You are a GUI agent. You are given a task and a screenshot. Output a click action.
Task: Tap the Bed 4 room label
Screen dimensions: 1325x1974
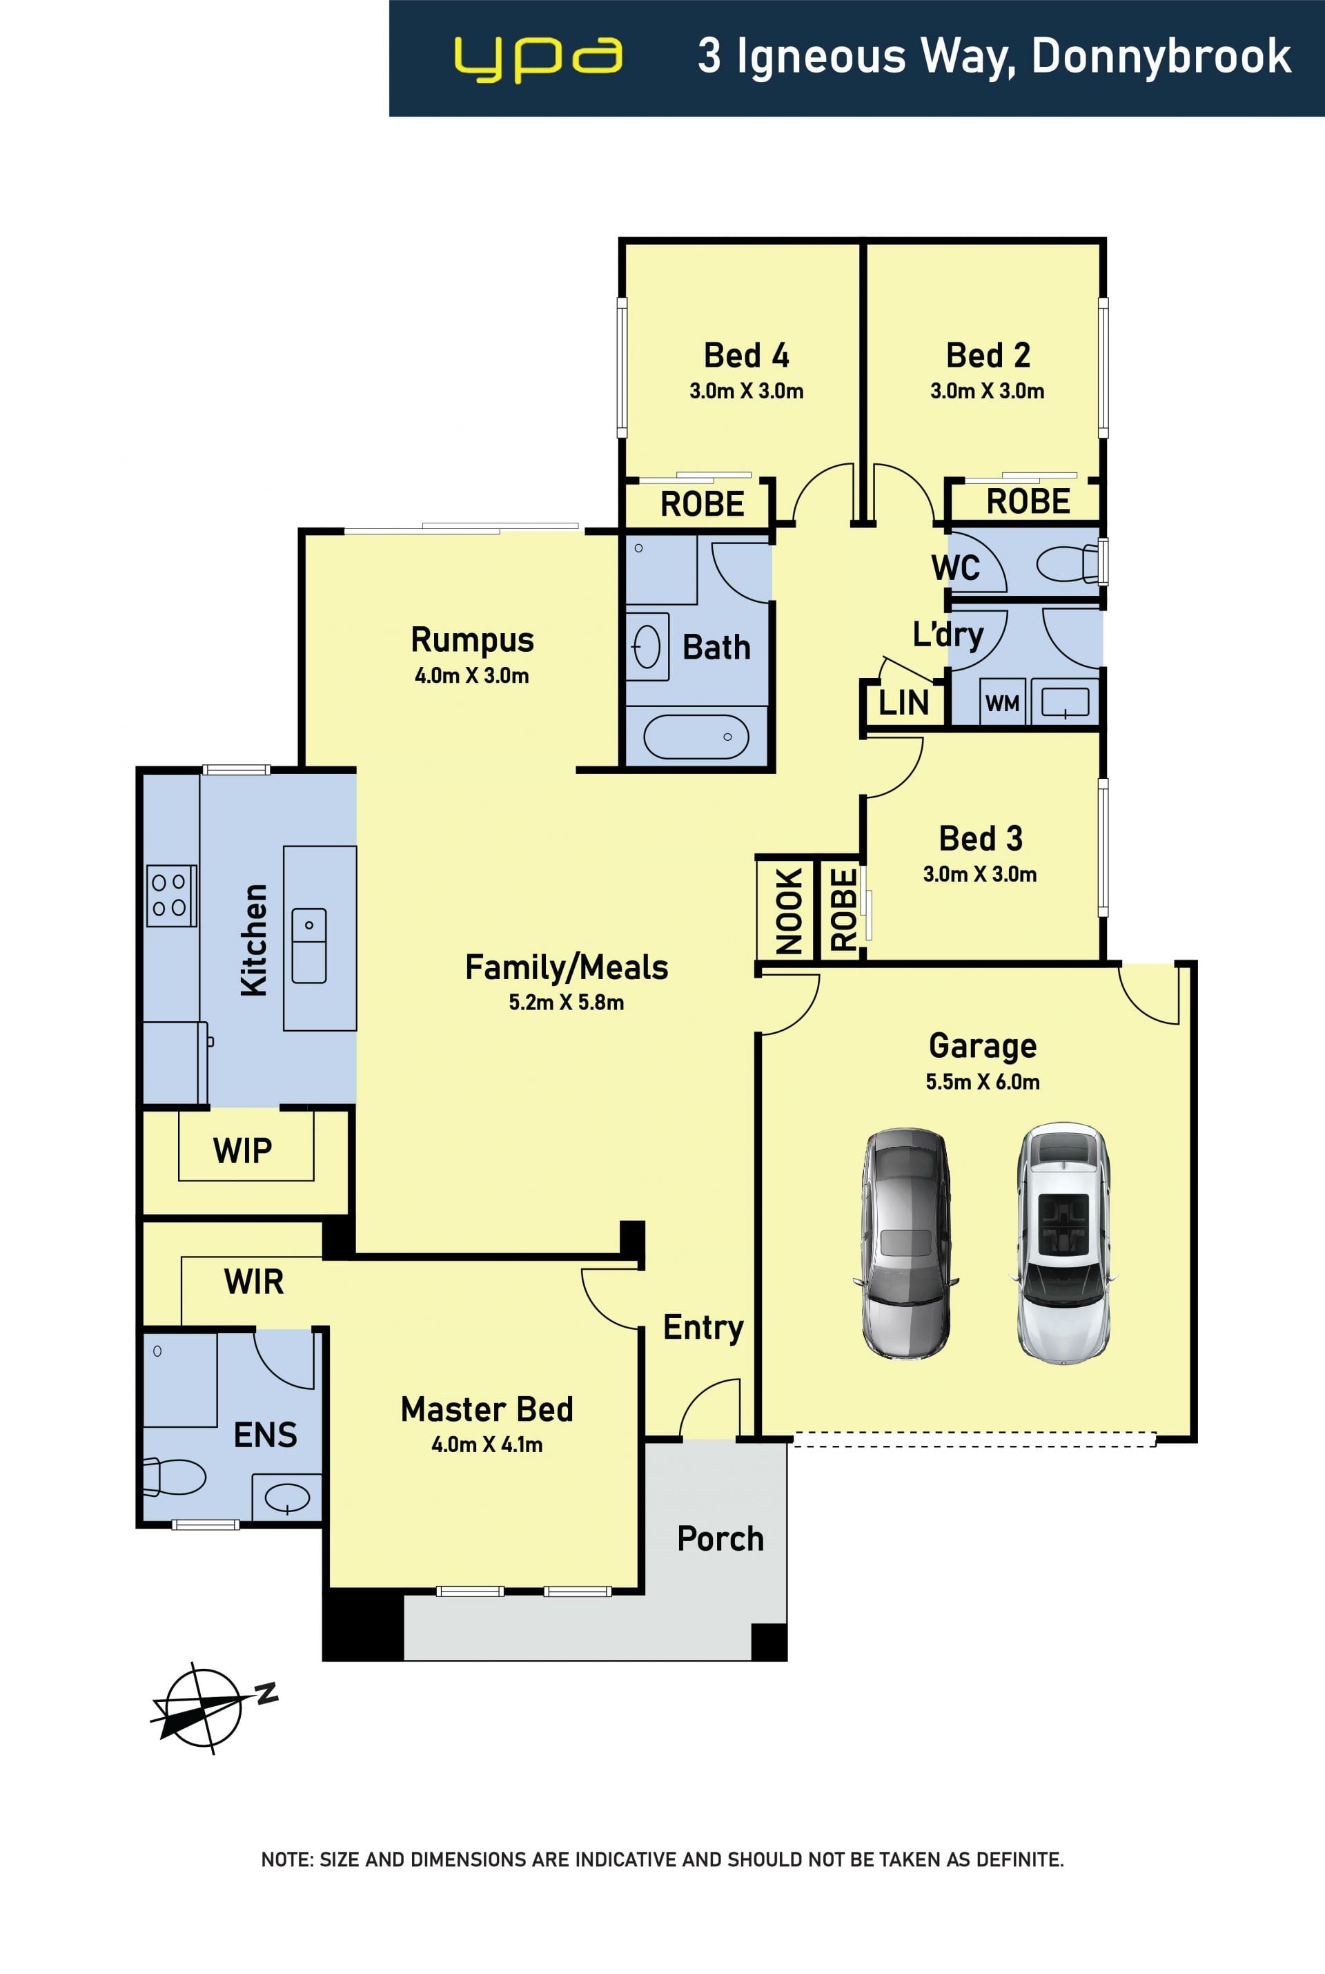click(x=746, y=355)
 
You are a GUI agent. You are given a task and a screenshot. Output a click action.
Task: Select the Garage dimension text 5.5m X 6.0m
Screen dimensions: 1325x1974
click(x=982, y=1082)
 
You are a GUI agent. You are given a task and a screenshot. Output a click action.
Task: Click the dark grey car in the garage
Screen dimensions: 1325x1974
click(x=906, y=1244)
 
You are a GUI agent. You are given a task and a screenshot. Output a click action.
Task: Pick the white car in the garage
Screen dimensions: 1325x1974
click(x=1063, y=1244)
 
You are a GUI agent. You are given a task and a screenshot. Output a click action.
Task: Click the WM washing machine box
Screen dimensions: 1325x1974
click(x=1003, y=701)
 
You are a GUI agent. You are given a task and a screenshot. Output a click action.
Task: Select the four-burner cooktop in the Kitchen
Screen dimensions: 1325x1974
click(x=172, y=896)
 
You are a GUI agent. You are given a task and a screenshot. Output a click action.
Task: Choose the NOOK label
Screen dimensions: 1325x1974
click(x=788, y=911)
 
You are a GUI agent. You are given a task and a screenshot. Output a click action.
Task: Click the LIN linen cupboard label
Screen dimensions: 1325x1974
click(x=903, y=702)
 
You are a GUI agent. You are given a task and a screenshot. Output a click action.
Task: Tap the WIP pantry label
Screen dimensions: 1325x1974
click(x=242, y=1150)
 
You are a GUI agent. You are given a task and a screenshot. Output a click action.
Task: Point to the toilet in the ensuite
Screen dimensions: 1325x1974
click(x=175, y=1477)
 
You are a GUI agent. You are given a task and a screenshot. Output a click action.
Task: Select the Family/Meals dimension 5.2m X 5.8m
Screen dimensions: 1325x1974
click(x=566, y=1003)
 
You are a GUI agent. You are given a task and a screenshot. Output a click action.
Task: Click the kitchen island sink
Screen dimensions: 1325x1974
click(x=309, y=945)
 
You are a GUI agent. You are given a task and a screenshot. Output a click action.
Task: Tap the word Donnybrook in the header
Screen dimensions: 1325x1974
click(x=1161, y=57)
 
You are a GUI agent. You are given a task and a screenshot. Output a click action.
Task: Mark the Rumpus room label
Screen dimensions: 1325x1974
click(x=472, y=640)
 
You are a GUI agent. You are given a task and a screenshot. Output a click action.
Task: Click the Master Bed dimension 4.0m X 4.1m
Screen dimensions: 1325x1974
click(x=487, y=1445)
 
